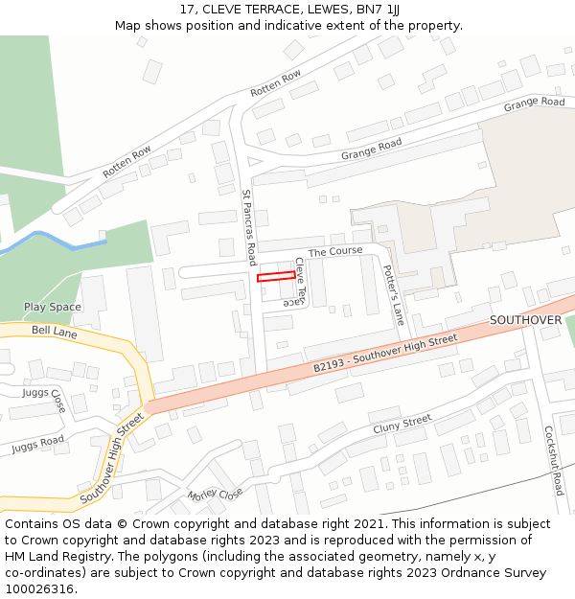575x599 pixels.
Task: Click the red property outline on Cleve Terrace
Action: pyautogui.click(x=276, y=277)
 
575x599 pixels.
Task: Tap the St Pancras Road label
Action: pyautogui.click(x=249, y=227)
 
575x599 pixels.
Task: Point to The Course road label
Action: pyautogui.click(x=335, y=251)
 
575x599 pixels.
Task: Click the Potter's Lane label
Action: pyautogui.click(x=394, y=294)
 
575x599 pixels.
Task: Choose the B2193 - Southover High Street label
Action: pyautogui.click(x=385, y=354)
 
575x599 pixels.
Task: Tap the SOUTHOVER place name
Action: pyautogui.click(x=525, y=319)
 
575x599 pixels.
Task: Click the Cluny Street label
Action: pyautogui.click(x=402, y=423)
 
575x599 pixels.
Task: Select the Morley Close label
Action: pyautogui.click(x=216, y=495)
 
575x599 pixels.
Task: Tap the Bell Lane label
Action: pyautogui.click(x=54, y=332)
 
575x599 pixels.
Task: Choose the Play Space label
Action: pyautogui.click(x=53, y=308)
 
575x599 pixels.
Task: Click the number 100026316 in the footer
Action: pyautogui.click(x=41, y=589)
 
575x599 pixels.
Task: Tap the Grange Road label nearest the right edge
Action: pyautogui.click(x=534, y=103)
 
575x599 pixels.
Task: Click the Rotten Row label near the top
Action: pyautogui.click(x=276, y=83)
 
